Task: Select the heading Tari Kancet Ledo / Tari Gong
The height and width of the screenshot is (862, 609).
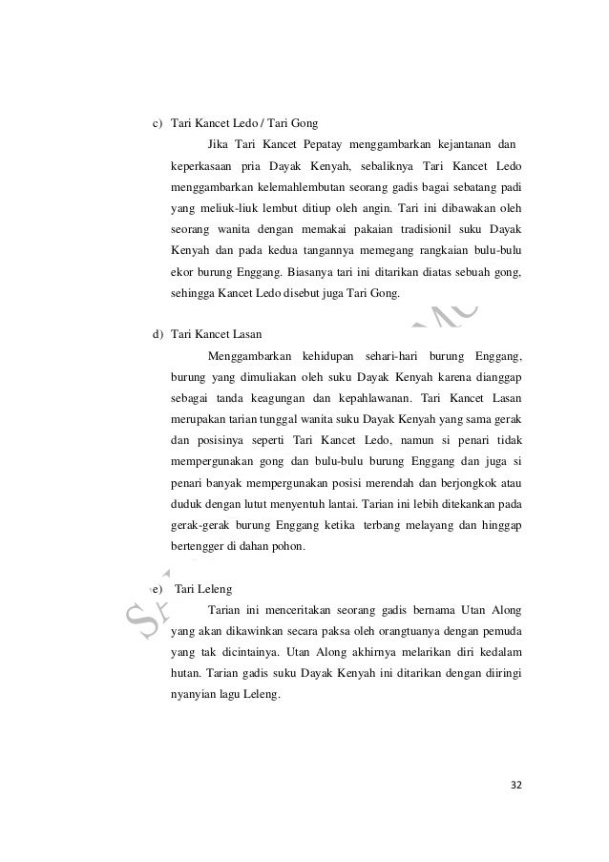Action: tap(243, 123)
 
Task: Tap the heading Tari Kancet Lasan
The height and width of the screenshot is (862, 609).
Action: tap(217, 334)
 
